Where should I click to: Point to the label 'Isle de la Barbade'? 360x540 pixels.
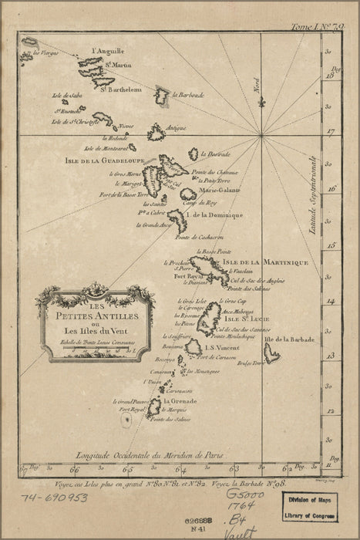pos(286,339)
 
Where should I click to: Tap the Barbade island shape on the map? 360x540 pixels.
pos(271,354)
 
